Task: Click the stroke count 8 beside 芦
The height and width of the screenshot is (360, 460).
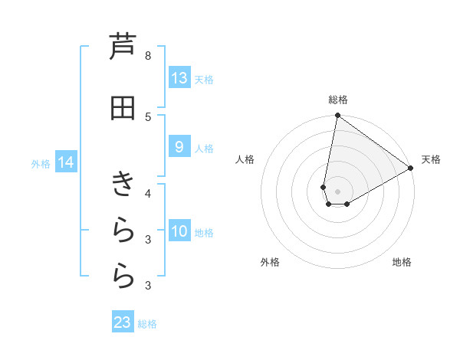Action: click(x=158, y=55)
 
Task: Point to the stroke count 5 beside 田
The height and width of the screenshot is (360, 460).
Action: click(x=158, y=116)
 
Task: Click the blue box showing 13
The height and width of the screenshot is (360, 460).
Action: click(x=179, y=78)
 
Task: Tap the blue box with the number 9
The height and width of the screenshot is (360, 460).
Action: click(x=179, y=147)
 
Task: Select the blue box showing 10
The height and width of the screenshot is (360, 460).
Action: click(x=179, y=231)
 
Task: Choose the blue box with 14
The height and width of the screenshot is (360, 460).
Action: click(x=66, y=162)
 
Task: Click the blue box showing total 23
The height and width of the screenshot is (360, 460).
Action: click(x=123, y=322)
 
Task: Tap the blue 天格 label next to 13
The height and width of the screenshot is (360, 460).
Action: click(x=204, y=79)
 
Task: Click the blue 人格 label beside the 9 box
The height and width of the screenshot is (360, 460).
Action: click(x=204, y=148)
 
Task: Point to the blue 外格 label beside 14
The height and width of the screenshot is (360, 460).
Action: click(x=41, y=163)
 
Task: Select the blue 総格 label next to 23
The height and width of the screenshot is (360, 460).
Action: click(x=147, y=324)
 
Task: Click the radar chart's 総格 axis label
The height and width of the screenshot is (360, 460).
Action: click(x=338, y=100)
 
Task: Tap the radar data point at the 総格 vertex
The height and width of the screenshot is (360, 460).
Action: click(x=337, y=116)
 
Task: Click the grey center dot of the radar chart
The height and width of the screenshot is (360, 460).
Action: click(x=338, y=191)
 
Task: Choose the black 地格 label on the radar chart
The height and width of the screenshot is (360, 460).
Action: click(x=402, y=262)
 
